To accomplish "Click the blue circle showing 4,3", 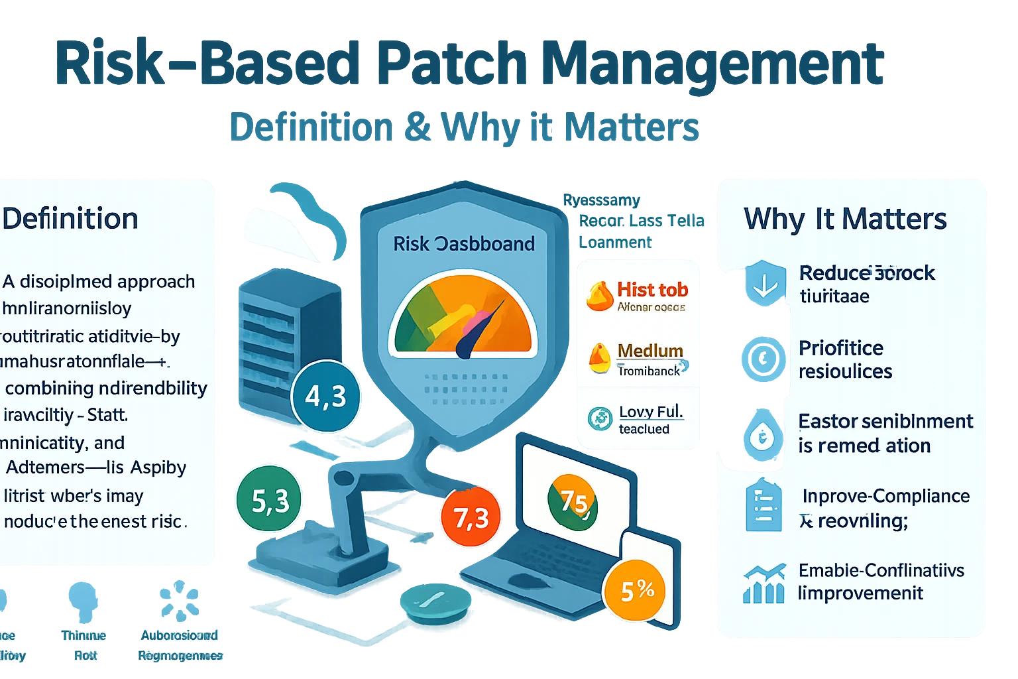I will coord(325,396).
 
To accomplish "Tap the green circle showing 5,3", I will coord(269,501).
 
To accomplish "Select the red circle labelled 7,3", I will coord(471,517).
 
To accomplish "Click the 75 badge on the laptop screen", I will coord(573,502).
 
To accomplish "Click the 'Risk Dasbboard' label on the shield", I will coord(464,244).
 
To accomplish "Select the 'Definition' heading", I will coord(70,219).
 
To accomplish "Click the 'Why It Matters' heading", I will coord(845,219).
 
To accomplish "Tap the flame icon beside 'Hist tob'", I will coord(600,296).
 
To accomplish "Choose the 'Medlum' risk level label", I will coord(650,350).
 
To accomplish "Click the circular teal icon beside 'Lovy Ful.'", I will coord(600,419).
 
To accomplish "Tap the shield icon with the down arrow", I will coord(764,284).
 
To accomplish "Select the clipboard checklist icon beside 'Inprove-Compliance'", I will coord(763,507).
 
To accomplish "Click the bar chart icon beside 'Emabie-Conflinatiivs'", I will coord(763,584).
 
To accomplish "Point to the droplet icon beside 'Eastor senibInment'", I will coord(763,436).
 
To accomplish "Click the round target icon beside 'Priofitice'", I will coord(763,359).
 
